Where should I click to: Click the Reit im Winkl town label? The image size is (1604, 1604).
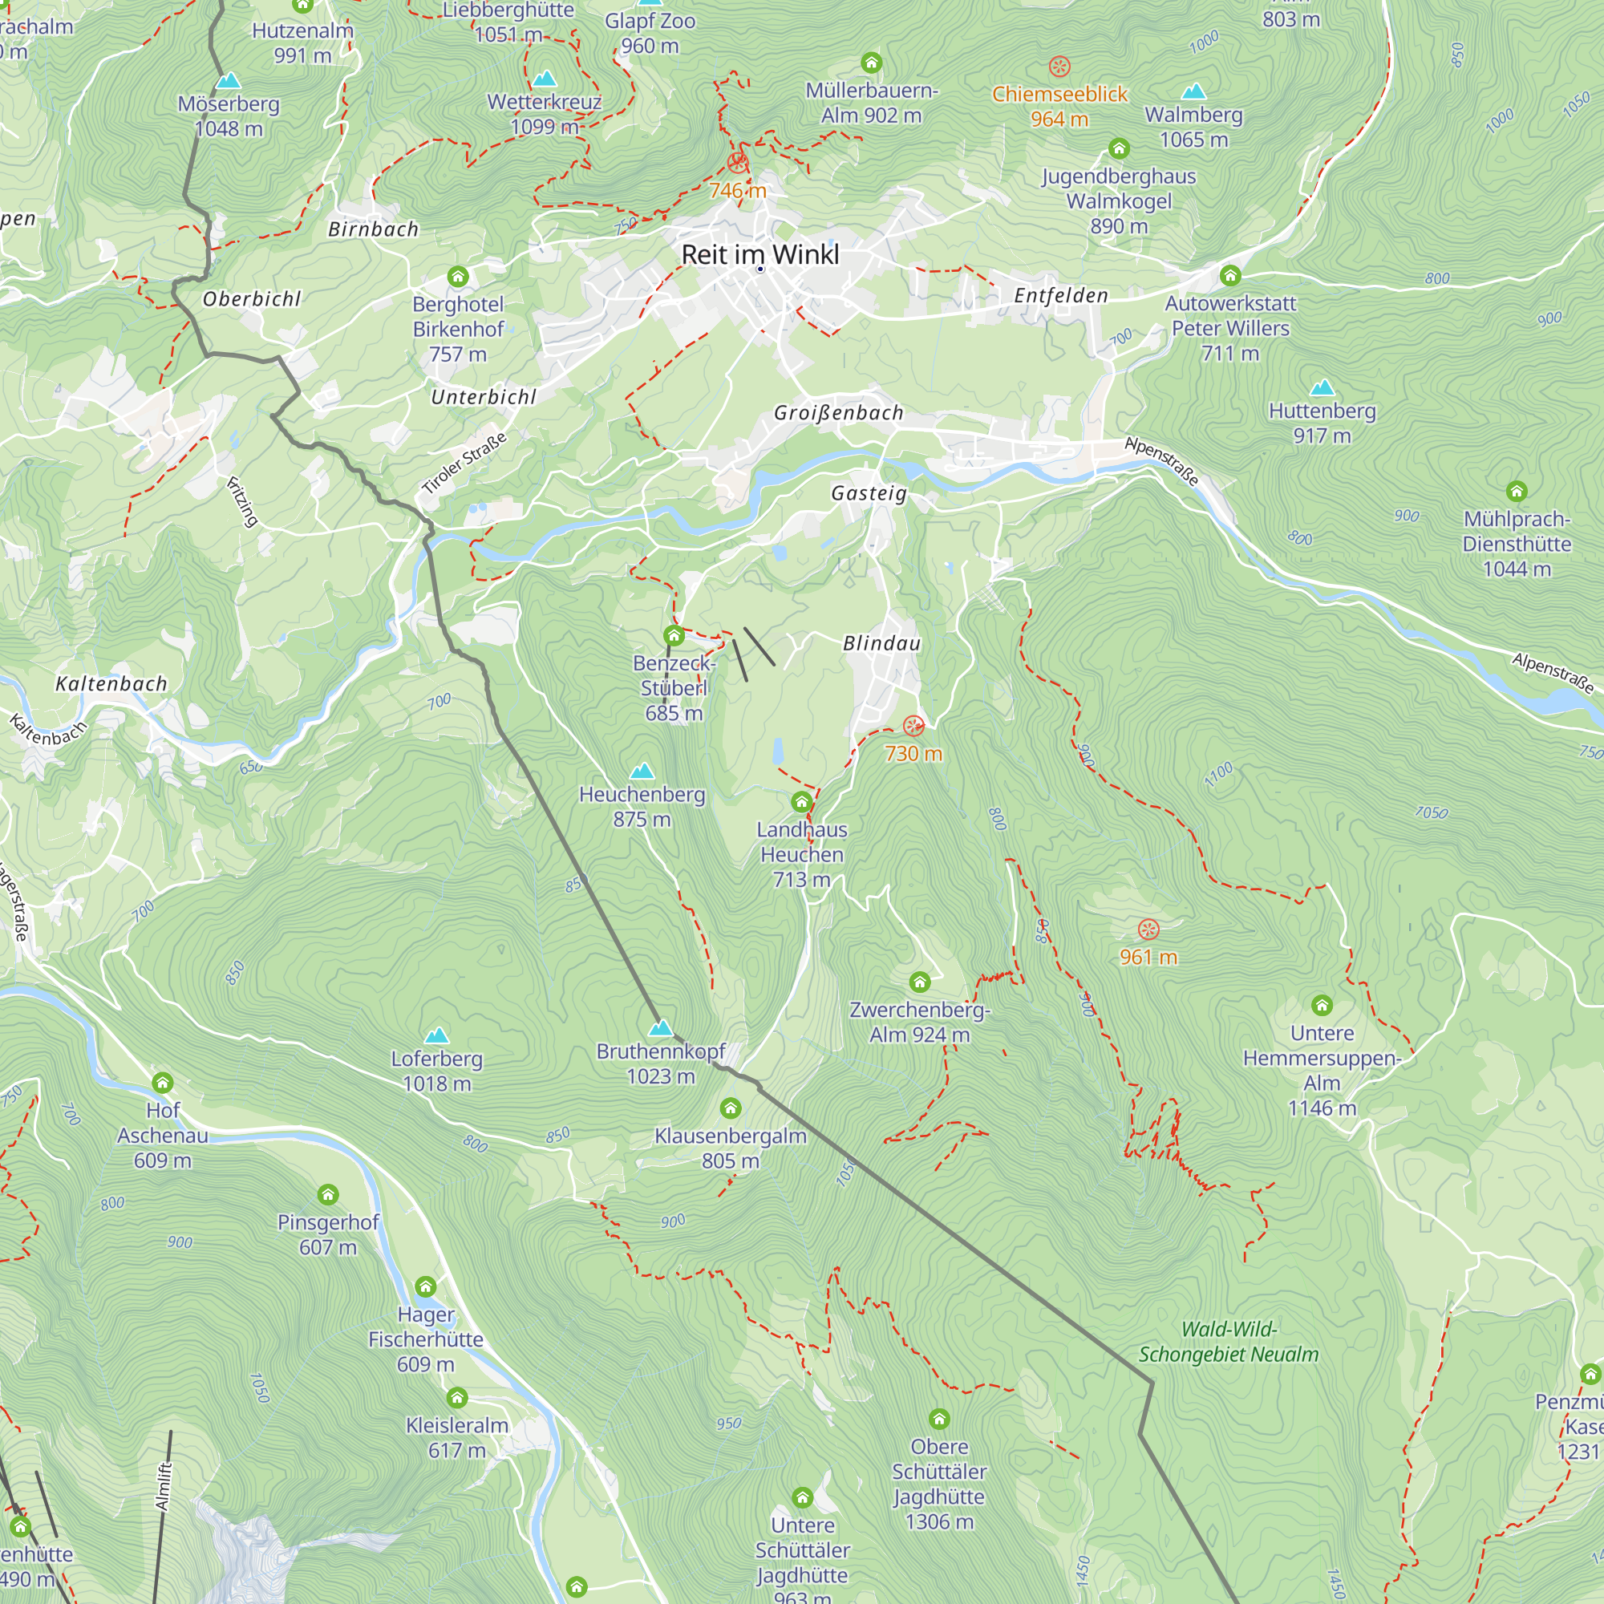tap(759, 255)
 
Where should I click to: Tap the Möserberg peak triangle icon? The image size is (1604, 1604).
tap(229, 81)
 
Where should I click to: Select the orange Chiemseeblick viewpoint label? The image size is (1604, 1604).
tap(1059, 95)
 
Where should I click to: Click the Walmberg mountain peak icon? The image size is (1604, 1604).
tap(1194, 91)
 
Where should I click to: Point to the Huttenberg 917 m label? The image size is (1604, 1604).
tap(1322, 423)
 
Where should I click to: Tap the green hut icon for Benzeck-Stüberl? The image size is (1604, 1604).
tap(674, 636)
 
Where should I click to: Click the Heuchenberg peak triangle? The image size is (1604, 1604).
tap(642, 772)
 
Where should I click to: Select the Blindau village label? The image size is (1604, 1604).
tap(881, 643)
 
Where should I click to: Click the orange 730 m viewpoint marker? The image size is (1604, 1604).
tap(913, 727)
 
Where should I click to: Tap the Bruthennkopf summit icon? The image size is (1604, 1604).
tap(661, 1029)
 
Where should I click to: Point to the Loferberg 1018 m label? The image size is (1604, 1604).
tap(437, 1071)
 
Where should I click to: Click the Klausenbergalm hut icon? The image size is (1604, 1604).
tap(731, 1108)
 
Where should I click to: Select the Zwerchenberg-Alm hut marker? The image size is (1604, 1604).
tap(919, 982)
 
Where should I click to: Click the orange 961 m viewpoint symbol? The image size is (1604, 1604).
tap(1148, 929)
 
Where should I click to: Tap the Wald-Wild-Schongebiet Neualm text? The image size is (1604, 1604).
tap(1229, 1342)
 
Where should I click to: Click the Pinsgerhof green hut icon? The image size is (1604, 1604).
tap(328, 1195)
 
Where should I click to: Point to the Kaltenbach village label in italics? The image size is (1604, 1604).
tap(111, 684)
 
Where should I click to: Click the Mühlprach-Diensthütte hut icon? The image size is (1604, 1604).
tap(1517, 492)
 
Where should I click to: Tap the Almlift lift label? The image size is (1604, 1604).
tap(164, 1486)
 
